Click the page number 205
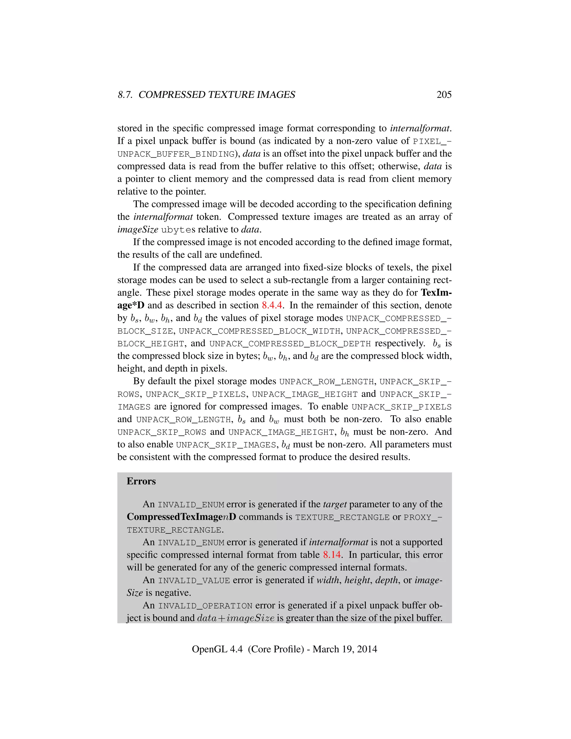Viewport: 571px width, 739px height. [x=444, y=95]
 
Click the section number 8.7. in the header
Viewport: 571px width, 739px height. [x=125, y=95]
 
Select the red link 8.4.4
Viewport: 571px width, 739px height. [x=272, y=305]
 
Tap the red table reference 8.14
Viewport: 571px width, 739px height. [x=332, y=555]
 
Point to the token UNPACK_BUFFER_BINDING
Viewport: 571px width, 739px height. [x=176, y=154]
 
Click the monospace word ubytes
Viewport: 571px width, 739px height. [x=178, y=230]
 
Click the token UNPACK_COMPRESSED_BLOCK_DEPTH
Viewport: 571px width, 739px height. [x=290, y=344]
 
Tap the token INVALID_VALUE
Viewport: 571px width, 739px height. [x=194, y=581]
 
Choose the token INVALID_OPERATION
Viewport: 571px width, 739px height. [x=205, y=606]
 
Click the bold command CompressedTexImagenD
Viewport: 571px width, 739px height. [x=181, y=517]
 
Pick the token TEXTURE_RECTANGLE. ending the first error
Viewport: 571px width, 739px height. [x=175, y=530]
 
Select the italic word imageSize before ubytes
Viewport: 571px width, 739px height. [x=138, y=230]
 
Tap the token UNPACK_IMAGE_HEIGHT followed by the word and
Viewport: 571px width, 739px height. [x=304, y=395]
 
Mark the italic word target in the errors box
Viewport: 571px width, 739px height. [x=335, y=504]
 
